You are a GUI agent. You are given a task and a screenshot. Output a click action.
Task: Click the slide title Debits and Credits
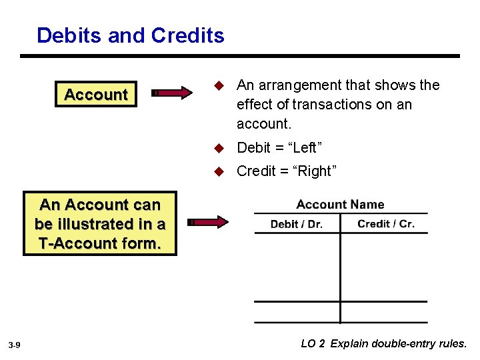[x=131, y=35]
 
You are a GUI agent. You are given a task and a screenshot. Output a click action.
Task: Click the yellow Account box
[x=96, y=95]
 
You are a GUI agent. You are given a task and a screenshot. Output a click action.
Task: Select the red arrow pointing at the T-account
[x=207, y=222]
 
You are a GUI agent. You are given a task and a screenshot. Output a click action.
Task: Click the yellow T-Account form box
[x=100, y=224]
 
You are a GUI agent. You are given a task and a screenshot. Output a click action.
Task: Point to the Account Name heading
[x=340, y=205]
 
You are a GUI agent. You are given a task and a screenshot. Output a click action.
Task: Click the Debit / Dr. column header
[x=297, y=224]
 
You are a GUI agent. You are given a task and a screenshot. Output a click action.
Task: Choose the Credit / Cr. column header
[x=386, y=223]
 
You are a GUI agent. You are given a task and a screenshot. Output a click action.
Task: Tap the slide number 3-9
[x=15, y=345]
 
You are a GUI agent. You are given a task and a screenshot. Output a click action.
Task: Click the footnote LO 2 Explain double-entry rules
[x=384, y=344]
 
